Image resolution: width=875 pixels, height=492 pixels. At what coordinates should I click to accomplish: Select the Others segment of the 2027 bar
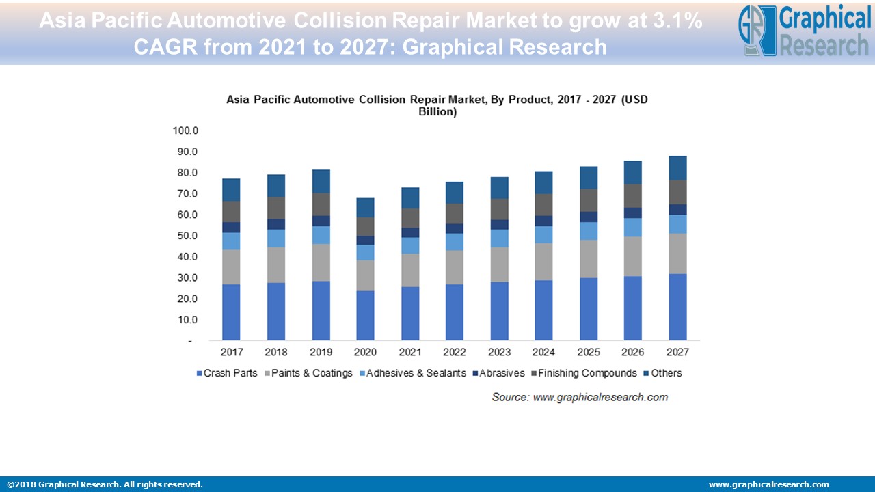coord(677,168)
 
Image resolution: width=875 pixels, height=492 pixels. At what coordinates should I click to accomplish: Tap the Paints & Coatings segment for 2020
coord(365,275)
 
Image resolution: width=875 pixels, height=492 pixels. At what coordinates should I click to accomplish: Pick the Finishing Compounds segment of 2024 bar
coord(543,204)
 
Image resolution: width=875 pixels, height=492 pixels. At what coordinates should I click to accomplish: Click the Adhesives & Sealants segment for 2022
coord(455,242)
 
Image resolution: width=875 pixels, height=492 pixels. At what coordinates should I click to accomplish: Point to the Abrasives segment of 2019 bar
coord(321,221)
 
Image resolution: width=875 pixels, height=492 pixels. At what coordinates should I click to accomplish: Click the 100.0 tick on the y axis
coord(185,131)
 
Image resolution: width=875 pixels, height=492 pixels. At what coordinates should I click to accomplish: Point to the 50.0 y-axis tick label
coord(187,236)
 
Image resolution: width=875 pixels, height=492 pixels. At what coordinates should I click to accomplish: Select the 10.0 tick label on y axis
coord(187,320)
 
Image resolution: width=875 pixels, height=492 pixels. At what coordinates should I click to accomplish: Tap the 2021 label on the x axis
coord(410,352)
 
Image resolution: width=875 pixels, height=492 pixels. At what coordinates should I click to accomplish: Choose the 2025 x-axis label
coord(589,352)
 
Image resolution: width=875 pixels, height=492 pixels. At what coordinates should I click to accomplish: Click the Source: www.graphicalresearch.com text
coord(580,397)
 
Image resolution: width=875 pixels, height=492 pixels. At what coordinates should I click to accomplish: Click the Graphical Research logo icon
coord(757,31)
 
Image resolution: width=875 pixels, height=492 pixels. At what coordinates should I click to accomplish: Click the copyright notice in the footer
coord(105,484)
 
